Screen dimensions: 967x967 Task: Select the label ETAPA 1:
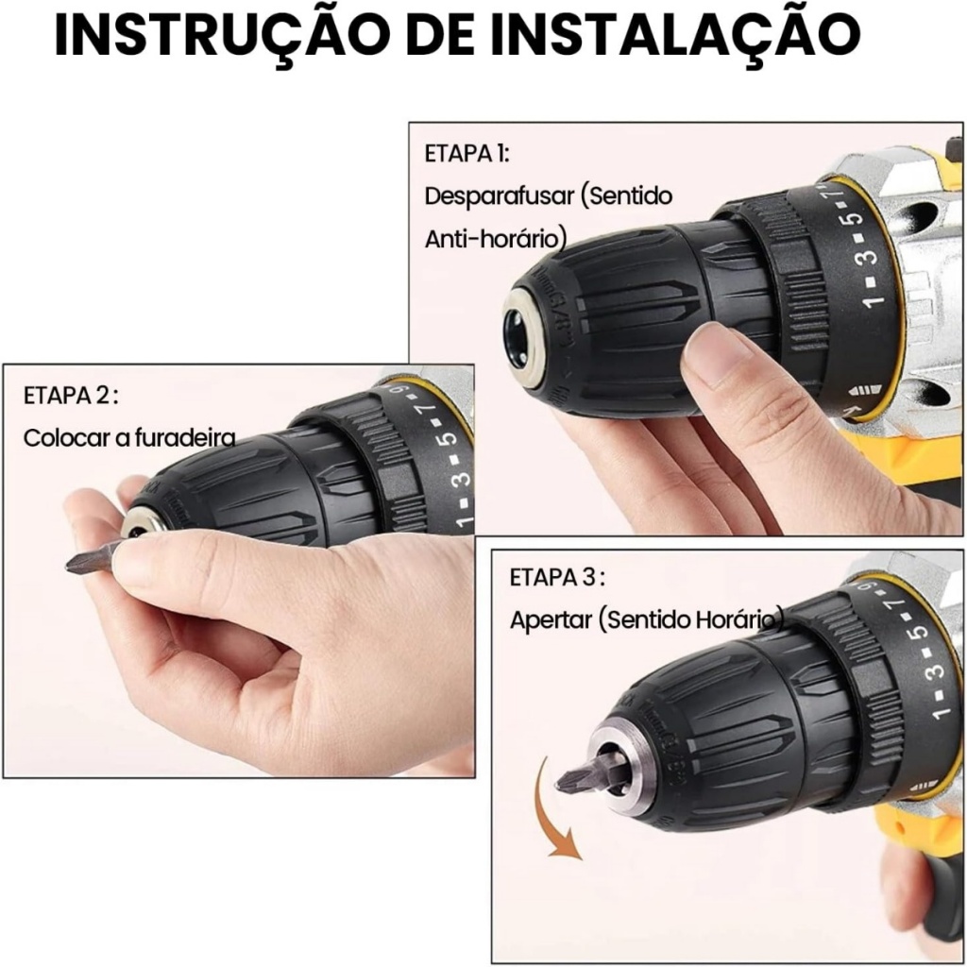coord(467,154)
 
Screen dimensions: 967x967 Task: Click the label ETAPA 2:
coord(70,396)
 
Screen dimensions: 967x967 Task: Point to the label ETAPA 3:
coord(557,578)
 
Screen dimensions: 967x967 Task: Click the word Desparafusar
coord(500,196)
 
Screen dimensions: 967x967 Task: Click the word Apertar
coord(551,620)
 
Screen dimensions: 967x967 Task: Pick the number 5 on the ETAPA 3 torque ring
coord(918,632)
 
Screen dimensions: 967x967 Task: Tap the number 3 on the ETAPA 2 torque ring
coord(464,476)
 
